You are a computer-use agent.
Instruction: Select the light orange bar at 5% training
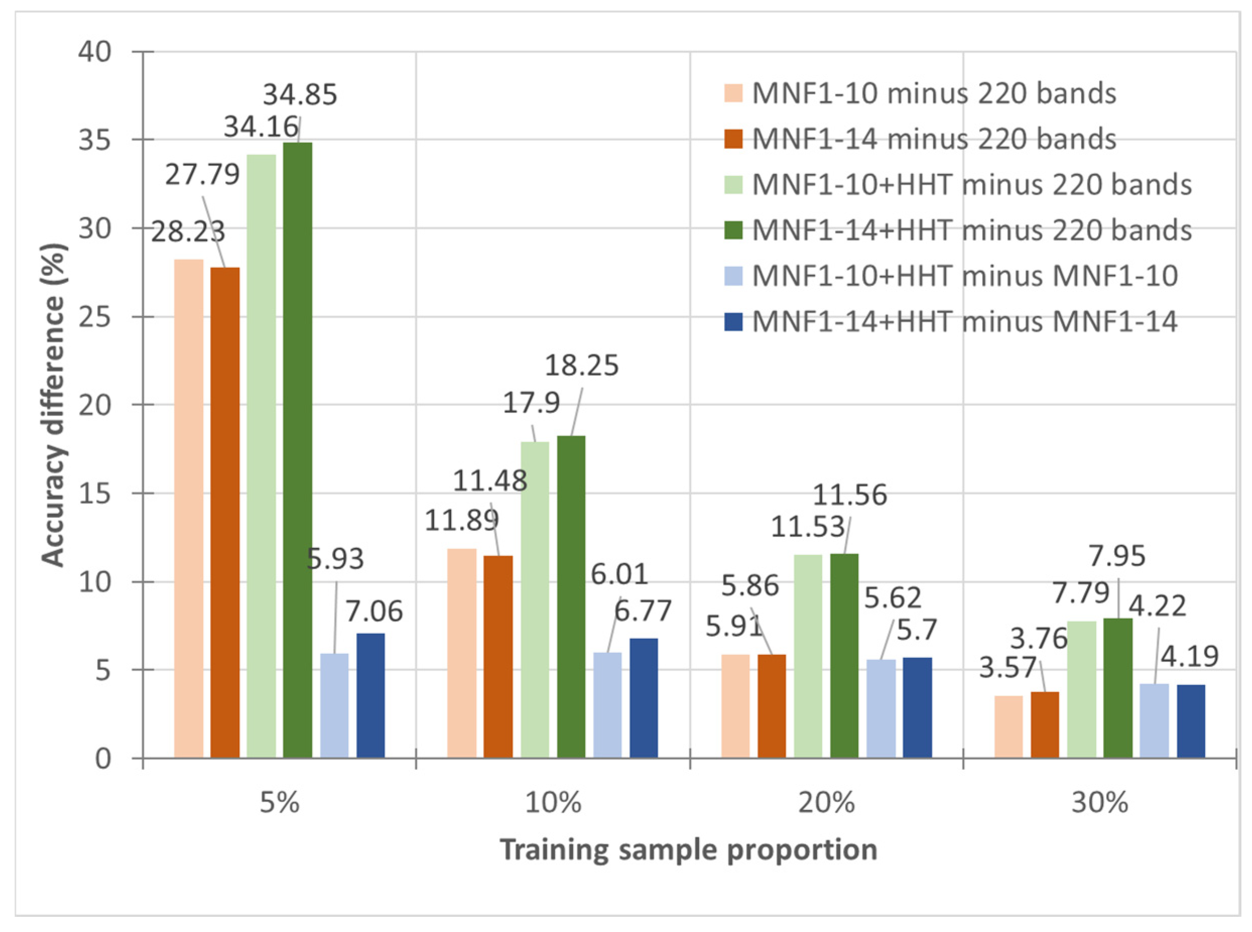tap(188, 508)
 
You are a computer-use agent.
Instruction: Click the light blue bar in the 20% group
tap(881, 708)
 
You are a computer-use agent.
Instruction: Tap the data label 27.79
tap(202, 174)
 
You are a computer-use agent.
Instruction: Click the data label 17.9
tap(531, 403)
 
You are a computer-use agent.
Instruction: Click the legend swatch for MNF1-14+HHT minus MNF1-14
tap(734, 321)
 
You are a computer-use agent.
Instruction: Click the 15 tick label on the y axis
tap(95, 494)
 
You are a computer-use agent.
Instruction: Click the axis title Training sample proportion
tap(688, 850)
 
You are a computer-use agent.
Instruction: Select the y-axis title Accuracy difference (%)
tap(53, 405)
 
